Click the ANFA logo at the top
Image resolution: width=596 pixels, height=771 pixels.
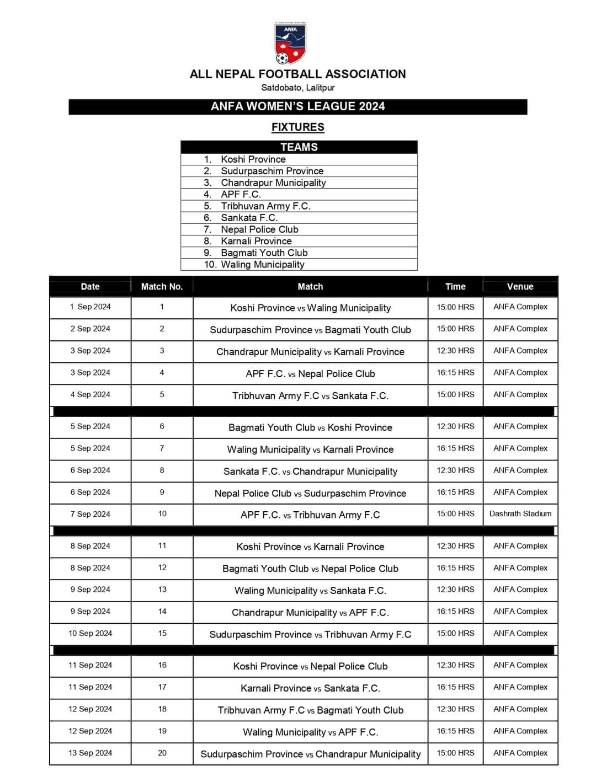(x=290, y=44)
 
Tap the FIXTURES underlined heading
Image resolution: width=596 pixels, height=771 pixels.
(x=297, y=127)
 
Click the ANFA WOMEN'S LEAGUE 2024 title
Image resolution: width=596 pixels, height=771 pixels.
(x=297, y=106)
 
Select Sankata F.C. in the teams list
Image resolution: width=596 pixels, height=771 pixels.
(x=249, y=218)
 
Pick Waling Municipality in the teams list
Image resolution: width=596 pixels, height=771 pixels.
(x=262, y=265)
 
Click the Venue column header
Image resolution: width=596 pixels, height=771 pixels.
(x=520, y=287)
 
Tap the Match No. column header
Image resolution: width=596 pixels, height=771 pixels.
(x=162, y=287)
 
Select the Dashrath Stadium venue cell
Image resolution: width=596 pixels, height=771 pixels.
(x=520, y=514)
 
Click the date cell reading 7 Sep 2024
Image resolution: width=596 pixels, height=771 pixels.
(x=90, y=514)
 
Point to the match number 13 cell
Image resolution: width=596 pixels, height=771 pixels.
(x=162, y=590)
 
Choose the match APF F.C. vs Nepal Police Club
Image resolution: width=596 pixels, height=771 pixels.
(x=310, y=374)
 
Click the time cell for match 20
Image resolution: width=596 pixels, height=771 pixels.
(x=455, y=753)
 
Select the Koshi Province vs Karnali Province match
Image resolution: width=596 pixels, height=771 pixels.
(x=310, y=547)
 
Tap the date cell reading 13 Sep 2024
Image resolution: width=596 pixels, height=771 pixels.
(x=90, y=753)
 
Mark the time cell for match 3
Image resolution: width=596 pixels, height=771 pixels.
(x=455, y=351)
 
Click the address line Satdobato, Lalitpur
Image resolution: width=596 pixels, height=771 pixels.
(x=297, y=88)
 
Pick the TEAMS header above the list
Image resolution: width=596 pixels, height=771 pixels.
(x=299, y=147)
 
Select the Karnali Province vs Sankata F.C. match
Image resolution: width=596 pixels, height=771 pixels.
(x=310, y=688)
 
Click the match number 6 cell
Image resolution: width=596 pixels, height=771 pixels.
(x=162, y=426)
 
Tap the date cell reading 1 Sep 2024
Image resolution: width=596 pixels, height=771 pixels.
(x=90, y=307)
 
